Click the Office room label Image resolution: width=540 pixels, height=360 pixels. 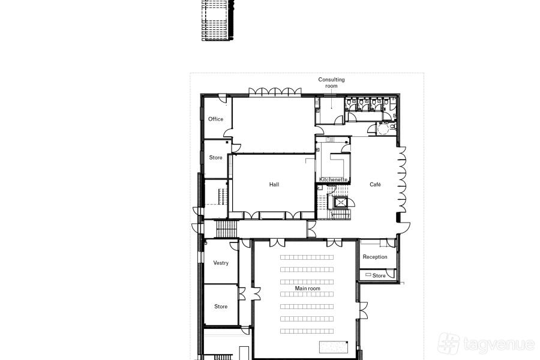(215, 119)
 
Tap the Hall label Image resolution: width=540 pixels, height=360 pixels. (274, 184)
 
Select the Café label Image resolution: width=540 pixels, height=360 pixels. (375, 184)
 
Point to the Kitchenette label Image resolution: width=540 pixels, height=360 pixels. (334, 179)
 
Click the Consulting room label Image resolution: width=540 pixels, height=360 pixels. (331, 83)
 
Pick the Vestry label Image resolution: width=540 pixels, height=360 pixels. (221, 263)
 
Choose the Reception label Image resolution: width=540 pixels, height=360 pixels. (375, 257)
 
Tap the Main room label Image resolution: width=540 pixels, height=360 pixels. (308, 289)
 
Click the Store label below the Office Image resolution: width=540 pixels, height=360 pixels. (215, 157)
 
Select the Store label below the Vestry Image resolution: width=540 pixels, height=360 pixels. (221, 306)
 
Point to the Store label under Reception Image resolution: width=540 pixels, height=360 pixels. (379, 275)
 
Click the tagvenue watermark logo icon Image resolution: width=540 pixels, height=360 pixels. (448, 343)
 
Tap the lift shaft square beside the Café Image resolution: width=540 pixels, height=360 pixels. (341, 202)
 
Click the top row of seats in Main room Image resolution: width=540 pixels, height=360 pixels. (307, 257)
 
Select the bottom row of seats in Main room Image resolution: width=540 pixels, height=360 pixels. (307, 331)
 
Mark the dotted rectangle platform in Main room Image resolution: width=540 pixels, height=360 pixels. (334, 347)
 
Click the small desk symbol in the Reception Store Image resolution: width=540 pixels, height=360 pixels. (368, 275)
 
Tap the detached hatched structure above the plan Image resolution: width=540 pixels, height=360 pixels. (218, 20)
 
